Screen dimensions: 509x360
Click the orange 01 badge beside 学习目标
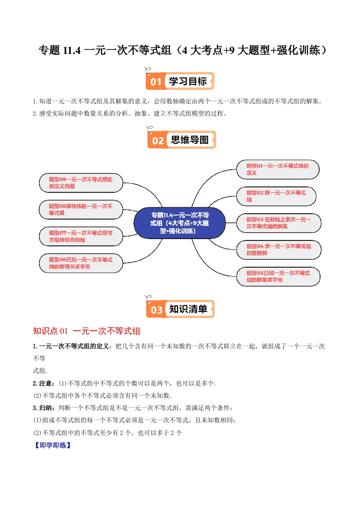(x=156, y=82)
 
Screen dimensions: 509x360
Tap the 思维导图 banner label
(x=189, y=140)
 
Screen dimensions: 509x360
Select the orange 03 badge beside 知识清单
(x=156, y=310)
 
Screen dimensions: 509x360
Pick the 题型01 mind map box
(x=277, y=169)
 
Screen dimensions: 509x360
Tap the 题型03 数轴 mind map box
(x=278, y=223)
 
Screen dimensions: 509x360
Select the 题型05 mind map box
(x=278, y=276)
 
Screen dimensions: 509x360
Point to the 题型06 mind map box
(x=80, y=263)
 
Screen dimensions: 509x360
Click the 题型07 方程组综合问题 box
(x=80, y=236)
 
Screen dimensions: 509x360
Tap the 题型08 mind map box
(x=80, y=209)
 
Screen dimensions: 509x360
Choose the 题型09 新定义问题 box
(x=80, y=182)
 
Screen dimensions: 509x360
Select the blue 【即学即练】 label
(x=52, y=445)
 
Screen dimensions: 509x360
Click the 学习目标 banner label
(x=188, y=82)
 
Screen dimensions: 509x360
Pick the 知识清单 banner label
(x=188, y=309)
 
